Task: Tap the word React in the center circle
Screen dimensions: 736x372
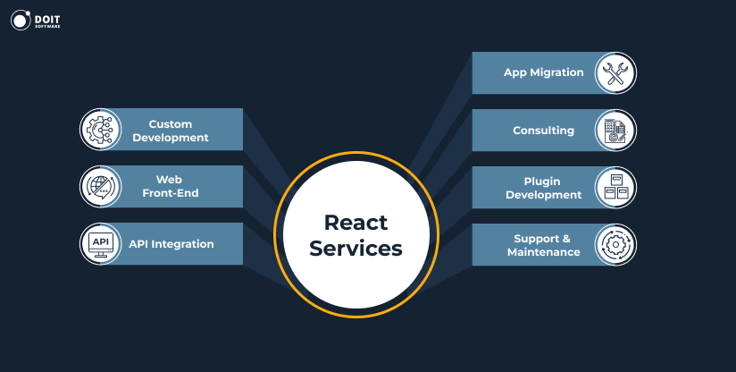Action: pos(355,222)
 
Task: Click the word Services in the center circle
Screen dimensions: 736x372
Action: pos(355,248)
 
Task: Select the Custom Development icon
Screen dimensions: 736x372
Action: pos(100,130)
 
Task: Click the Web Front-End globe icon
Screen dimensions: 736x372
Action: pos(100,187)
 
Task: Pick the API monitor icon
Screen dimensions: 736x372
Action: pos(100,243)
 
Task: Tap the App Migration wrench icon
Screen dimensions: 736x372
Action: pos(615,73)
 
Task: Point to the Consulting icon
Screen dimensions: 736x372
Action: pos(615,131)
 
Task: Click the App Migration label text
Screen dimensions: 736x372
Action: pos(543,72)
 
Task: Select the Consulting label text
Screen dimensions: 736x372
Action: pos(543,131)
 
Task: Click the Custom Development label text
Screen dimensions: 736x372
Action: pos(178,131)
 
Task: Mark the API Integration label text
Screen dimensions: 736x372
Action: pos(171,243)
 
